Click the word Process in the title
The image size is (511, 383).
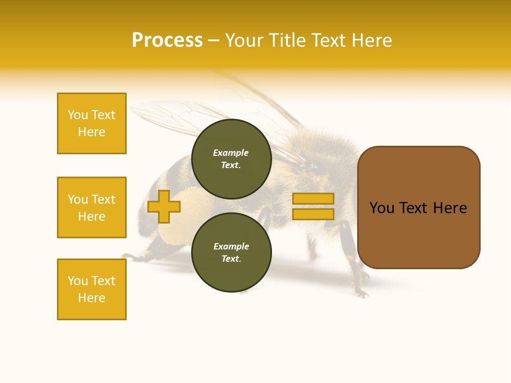[x=167, y=40]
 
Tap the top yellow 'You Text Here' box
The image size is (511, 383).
[x=92, y=123]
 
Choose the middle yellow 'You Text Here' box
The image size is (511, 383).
[x=92, y=207]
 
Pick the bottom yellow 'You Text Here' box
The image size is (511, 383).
[x=92, y=289]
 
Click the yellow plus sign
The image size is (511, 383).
[x=163, y=206]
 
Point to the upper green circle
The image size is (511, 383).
[x=231, y=159]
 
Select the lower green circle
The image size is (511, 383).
[x=231, y=253]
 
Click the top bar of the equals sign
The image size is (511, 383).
[x=313, y=198]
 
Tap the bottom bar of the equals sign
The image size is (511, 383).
[x=313, y=214]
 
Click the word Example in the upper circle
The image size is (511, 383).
[x=230, y=153]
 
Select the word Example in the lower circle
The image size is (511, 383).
[x=231, y=246]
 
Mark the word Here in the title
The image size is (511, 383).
[x=371, y=40]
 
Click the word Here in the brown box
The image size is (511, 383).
[x=450, y=208]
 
